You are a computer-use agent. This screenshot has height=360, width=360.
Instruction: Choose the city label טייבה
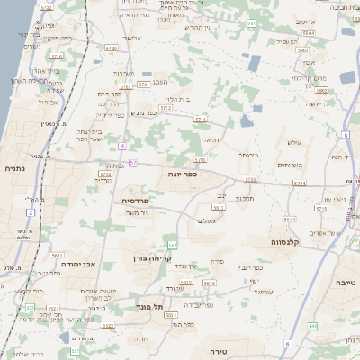(344, 283)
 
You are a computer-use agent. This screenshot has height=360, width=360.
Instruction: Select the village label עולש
(293, 142)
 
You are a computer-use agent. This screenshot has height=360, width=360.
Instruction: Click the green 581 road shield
(251, 22)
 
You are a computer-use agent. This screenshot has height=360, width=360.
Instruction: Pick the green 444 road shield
(312, 325)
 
